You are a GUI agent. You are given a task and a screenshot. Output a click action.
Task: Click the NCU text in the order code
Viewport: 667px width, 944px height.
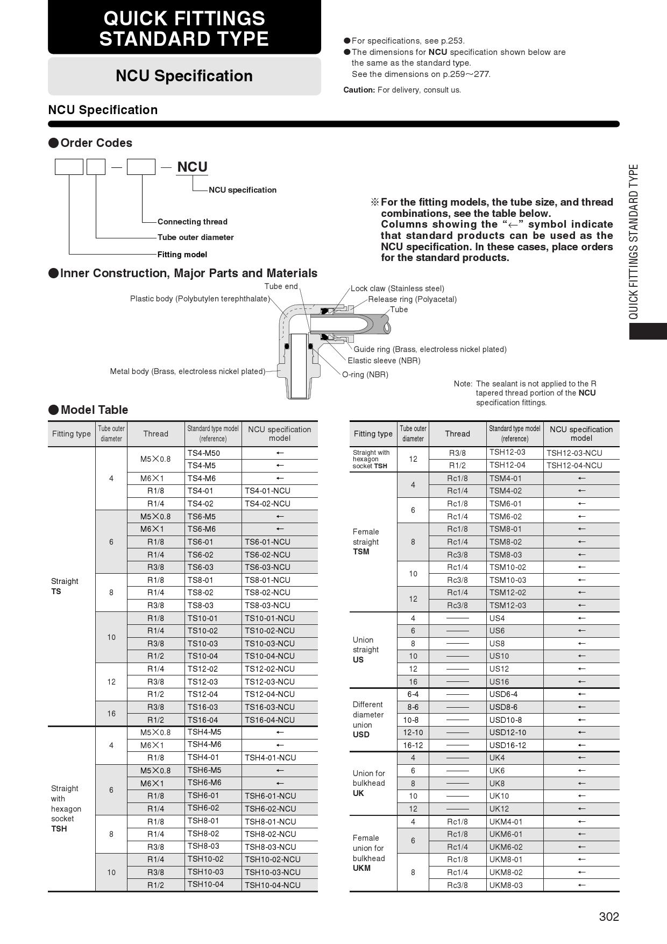point(192,167)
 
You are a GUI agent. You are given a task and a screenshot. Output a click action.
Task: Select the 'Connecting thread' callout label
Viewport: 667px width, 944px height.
point(192,222)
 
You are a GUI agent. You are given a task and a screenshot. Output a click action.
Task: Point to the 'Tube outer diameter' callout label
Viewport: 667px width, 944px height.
point(195,237)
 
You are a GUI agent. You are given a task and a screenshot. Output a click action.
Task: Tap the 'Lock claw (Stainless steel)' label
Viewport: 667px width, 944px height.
point(397,288)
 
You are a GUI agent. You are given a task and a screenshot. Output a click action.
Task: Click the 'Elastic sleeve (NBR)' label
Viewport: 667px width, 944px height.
point(384,361)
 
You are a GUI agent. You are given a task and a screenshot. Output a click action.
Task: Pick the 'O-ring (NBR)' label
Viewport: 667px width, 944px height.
point(365,375)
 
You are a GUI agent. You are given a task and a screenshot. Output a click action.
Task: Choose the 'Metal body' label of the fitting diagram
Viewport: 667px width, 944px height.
point(187,371)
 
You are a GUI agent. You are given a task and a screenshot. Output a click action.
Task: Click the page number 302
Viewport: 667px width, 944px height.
point(609,917)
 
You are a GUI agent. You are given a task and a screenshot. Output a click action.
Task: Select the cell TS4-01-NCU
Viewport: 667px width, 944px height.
point(267,491)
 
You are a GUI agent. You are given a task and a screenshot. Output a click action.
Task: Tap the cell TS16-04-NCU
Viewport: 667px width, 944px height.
point(269,720)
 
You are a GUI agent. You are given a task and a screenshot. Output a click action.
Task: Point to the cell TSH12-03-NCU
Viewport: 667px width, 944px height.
point(574,453)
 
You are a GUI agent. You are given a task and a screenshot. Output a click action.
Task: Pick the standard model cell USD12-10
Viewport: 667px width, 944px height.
point(507,732)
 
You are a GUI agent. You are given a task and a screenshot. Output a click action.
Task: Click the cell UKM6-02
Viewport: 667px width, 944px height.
point(506,847)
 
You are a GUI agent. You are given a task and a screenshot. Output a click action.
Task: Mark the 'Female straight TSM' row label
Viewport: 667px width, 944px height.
point(366,541)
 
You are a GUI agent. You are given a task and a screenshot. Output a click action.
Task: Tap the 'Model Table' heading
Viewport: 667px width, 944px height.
point(94,410)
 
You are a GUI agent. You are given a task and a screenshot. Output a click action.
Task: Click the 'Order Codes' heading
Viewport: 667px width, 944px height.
point(96,143)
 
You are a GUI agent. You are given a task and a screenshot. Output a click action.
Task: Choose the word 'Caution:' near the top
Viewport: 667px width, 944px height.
point(359,90)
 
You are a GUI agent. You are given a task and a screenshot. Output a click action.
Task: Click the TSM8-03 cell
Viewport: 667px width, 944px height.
point(505,555)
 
